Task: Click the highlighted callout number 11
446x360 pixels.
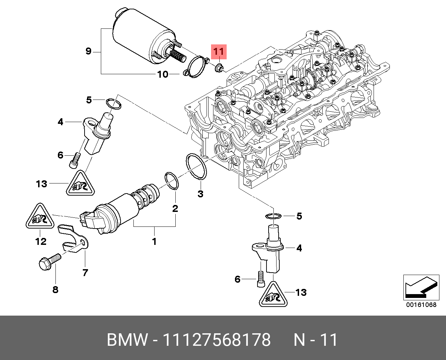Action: click(x=219, y=52)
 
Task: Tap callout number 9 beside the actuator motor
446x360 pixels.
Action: click(x=88, y=51)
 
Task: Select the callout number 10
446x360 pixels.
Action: click(x=163, y=74)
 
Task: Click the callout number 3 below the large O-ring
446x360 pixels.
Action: click(x=200, y=194)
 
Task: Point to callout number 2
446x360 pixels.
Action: click(x=175, y=208)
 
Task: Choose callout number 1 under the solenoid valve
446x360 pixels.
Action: click(x=154, y=241)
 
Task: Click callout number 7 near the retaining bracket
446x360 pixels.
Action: click(x=85, y=273)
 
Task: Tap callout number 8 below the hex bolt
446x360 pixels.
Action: click(x=55, y=290)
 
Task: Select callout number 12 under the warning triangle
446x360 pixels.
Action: click(x=41, y=241)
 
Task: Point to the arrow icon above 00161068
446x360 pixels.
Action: click(x=421, y=287)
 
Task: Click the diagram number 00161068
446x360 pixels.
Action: click(x=421, y=305)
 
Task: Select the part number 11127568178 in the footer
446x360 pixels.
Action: click(x=217, y=340)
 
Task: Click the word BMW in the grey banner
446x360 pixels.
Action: click(x=127, y=340)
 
